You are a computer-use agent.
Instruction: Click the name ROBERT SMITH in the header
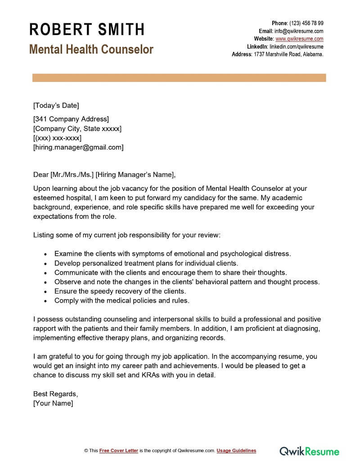click(87, 30)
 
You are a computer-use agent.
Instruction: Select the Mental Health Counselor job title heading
click(91, 49)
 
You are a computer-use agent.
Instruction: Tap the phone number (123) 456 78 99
click(306, 23)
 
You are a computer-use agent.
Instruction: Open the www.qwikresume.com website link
click(299, 39)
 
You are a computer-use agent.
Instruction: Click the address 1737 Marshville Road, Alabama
click(288, 54)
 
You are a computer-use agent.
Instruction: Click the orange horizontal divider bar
click(179, 78)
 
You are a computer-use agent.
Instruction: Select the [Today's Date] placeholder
click(56, 105)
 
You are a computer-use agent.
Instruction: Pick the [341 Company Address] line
click(71, 119)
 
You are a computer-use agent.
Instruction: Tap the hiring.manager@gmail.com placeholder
click(78, 147)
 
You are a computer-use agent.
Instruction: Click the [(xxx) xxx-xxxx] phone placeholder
click(57, 138)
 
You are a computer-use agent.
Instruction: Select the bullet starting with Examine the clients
click(172, 253)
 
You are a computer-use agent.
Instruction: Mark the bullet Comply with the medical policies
click(122, 300)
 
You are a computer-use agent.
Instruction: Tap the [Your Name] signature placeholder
click(53, 403)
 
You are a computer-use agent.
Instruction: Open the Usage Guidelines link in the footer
click(236, 451)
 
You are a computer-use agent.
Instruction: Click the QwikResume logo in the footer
click(309, 450)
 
